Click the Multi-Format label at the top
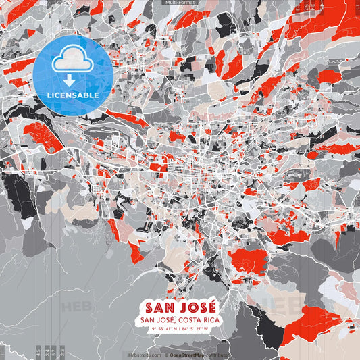180,3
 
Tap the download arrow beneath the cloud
70,80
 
